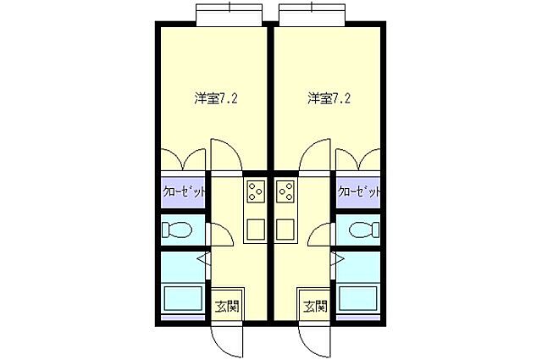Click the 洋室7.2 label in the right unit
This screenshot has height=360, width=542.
[329, 97]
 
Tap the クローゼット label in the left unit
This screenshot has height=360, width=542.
[184, 191]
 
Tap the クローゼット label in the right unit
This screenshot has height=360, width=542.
[358, 191]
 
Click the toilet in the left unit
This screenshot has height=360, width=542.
[179, 229]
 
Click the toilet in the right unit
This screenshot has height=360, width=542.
[362, 229]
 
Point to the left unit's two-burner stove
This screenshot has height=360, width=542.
[255, 193]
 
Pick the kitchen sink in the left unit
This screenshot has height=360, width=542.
[255, 228]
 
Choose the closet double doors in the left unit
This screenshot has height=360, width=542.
[184, 160]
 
